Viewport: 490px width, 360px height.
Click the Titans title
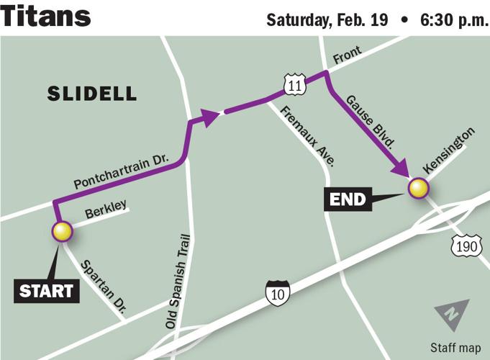(x=46, y=16)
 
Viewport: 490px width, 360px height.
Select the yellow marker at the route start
(x=63, y=231)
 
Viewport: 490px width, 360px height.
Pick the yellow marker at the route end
(x=418, y=189)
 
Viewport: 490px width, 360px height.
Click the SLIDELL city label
(x=91, y=93)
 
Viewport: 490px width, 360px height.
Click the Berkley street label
(x=106, y=210)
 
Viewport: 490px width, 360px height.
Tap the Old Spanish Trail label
(x=181, y=282)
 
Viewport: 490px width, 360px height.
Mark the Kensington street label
(x=449, y=150)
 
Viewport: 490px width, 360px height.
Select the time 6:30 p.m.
(x=450, y=19)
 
